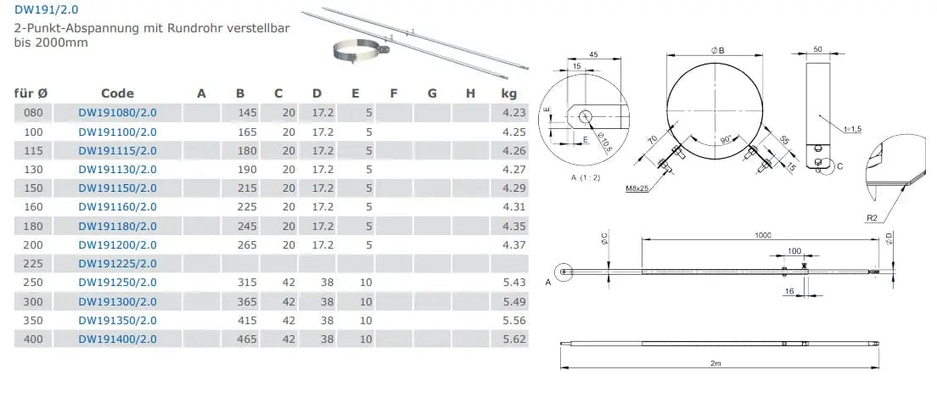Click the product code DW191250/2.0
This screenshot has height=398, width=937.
118,283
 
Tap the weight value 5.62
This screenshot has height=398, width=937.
514,339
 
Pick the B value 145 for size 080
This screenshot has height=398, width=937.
246,113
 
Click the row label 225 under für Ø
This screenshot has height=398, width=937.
33,264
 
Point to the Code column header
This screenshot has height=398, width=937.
118,93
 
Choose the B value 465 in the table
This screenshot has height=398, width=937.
246,339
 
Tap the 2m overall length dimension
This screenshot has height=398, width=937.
721,362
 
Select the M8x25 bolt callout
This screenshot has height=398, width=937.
637,189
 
